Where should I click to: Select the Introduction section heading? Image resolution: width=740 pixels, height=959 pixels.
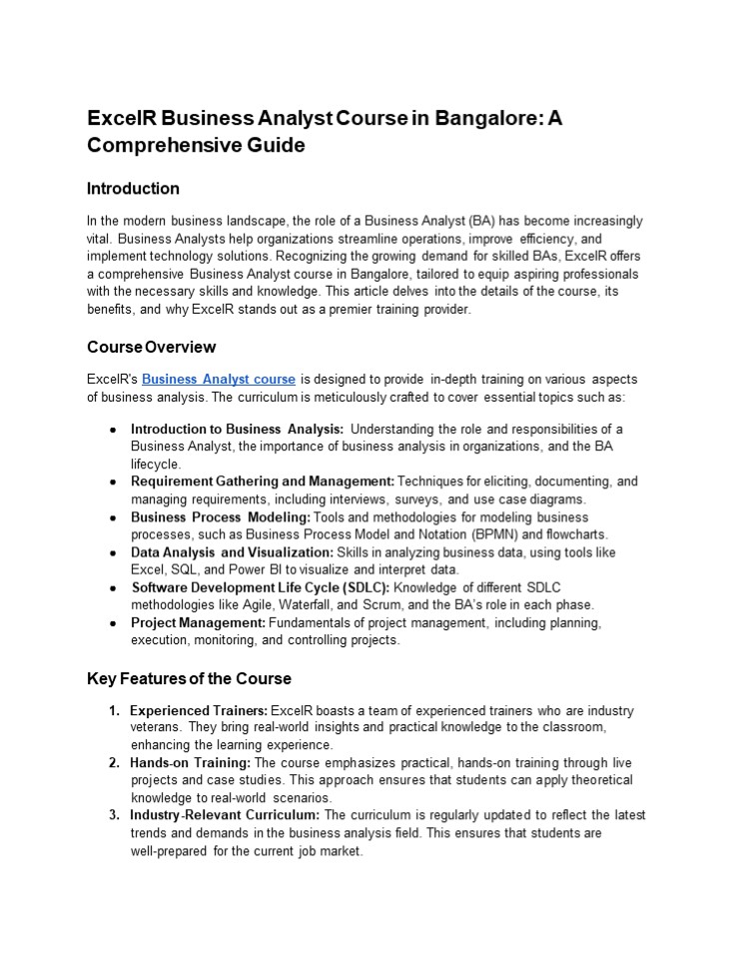(133, 189)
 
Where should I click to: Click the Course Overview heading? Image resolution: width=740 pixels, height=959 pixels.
(151, 347)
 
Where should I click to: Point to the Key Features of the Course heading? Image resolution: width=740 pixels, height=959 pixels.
(189, 678)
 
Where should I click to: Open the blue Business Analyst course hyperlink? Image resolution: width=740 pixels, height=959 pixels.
(219, 380)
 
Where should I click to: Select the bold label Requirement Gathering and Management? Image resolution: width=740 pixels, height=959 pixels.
(263, 481)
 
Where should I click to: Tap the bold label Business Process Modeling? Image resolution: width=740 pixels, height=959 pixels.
(221, 516)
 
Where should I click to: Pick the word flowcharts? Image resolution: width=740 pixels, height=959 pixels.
(572, 534)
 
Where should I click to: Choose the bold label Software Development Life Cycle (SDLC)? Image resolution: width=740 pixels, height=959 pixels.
(261, 587)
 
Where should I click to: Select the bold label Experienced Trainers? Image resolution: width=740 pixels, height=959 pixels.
(199, 710)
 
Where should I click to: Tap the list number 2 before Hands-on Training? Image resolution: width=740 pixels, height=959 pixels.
(114, 762)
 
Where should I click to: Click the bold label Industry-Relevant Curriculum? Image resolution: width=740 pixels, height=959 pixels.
(226, 815)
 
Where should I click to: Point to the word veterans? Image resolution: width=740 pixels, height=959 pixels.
(156, 727)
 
